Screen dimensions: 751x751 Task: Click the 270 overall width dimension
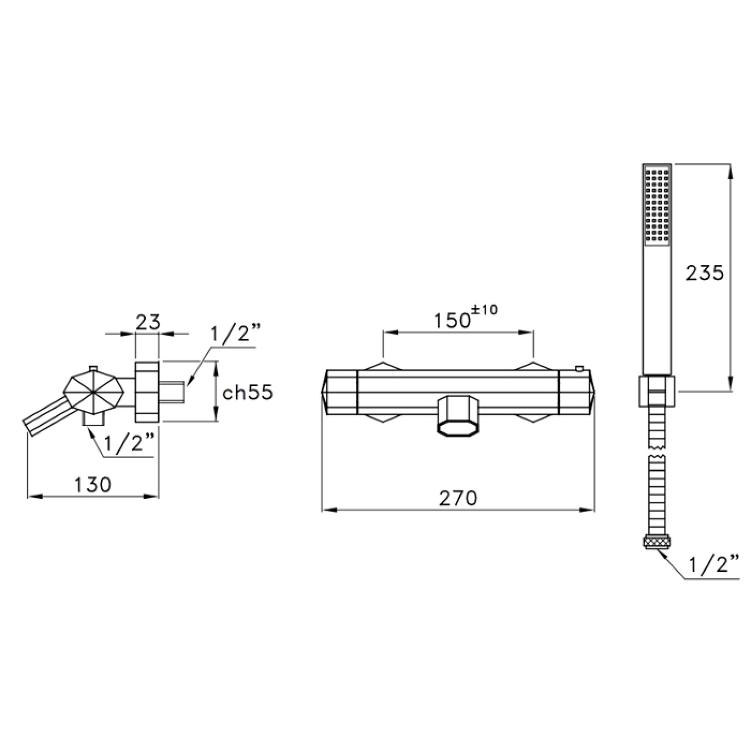457,498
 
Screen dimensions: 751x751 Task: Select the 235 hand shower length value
704,273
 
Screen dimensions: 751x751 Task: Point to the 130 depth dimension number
93,485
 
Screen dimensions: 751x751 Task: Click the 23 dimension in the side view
147,322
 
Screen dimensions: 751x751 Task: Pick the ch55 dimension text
247,392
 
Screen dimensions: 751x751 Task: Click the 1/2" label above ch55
234,337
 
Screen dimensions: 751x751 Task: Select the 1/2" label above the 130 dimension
130,445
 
